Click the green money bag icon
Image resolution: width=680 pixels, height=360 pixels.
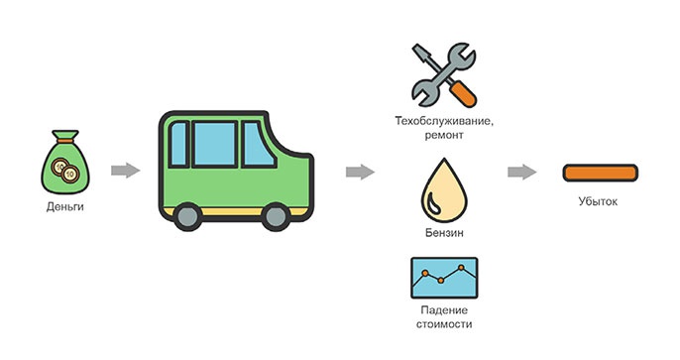65,163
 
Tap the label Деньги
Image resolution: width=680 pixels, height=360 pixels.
65,207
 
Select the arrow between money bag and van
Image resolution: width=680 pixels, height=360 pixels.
125,170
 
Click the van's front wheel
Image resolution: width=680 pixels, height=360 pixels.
276,217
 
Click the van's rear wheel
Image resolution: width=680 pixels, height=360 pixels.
187,217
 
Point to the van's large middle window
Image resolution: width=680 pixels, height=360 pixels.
214,144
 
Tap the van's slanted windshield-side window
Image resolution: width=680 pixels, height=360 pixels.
258,144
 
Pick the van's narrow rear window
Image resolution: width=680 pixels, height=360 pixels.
178,144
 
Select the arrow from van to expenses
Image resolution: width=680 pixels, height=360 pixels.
360,172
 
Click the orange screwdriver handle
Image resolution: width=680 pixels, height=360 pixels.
462,93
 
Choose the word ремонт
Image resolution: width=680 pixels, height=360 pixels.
444,135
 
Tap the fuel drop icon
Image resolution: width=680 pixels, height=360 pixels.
444,190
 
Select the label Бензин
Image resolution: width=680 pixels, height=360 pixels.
444,233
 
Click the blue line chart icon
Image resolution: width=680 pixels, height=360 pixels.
444,278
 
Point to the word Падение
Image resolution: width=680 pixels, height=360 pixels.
444,310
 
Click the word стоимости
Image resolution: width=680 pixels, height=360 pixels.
444,324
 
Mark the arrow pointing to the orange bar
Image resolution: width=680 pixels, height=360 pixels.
522,172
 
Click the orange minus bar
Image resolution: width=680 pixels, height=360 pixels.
601,173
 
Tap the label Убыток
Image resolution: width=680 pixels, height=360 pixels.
598,201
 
